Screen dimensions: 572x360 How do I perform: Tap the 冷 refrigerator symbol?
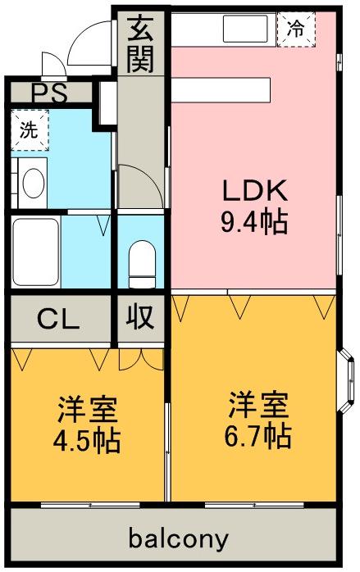coord(296,30)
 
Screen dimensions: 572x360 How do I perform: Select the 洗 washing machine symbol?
coord(30,129)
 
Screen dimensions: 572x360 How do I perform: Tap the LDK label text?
coord(254,192)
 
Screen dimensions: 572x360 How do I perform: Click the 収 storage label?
coord(141,318)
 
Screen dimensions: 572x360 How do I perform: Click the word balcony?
coord(177,539)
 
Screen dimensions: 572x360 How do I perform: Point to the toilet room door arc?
coord(135,180)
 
